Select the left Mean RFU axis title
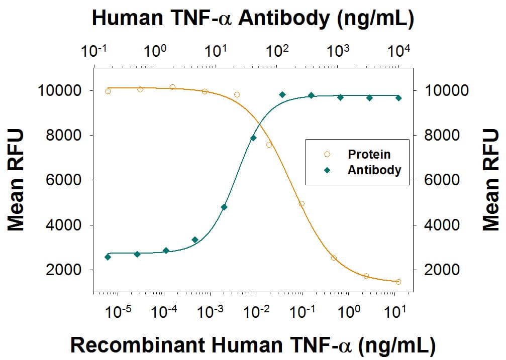click(x=17, y=180)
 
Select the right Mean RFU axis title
click(x=491, y=180)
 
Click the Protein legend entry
click(x=369, y=154)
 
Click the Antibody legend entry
click(x=374, y=170)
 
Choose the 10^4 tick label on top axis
click(x=399, y=51)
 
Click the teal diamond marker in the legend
click(x=327, y=170)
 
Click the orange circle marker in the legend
click(x=327, y=154)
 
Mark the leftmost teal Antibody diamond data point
click(x=108, y=257)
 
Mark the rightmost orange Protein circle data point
click(x=398, y=282)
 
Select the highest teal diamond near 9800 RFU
click(x=282, y=94)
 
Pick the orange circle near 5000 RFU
click(x=301, y=203)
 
